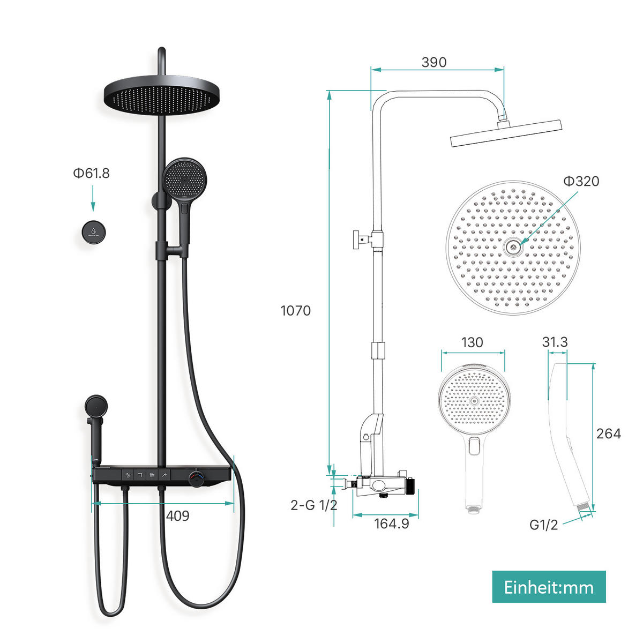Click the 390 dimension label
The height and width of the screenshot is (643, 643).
click(x=433, y=62)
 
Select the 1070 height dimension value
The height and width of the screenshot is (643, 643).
click(x=295, y=310)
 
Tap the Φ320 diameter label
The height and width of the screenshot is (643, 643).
click(x=581, y=181)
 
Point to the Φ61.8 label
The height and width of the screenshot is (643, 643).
click(x=92, y=173)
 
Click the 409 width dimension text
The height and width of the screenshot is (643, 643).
click(x=177, y=515)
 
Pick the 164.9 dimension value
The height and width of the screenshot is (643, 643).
click(x=391, y=524)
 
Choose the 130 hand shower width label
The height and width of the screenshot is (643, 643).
click(x=472, y=342)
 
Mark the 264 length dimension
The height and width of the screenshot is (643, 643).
click(x=608, y=433)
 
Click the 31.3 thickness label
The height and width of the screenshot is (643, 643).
click(x=555, y=342)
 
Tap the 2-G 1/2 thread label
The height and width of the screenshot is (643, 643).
click(x=314, y=505)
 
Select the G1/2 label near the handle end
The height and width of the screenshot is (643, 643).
click(x=543, y=525)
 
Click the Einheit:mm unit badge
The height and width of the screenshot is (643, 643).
click(x=549, y=587)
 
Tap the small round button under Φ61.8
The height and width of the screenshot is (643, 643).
click(x=93, y=231)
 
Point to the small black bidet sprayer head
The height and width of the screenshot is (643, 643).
click(x=96, y=406)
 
